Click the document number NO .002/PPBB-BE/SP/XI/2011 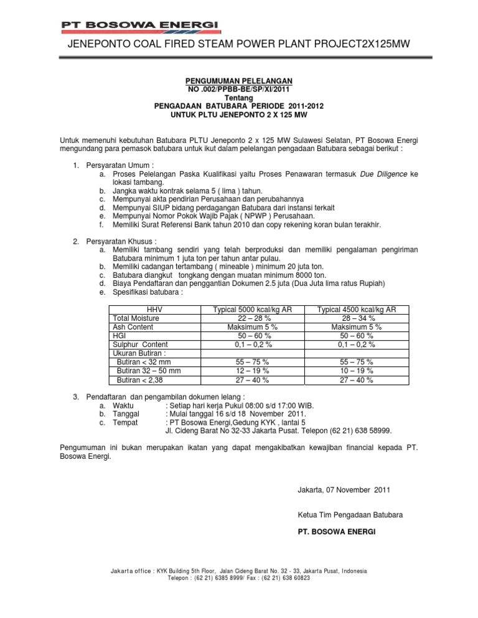click(x=239, y=90)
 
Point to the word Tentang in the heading click(x=239, y=98)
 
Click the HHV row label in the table click(x=154, y=309)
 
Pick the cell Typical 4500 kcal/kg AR click(x=357, y=309)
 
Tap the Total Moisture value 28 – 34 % click(x=357, y=318)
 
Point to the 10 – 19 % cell click(x=357, y=371)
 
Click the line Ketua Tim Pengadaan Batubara click(x=350, y=515)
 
